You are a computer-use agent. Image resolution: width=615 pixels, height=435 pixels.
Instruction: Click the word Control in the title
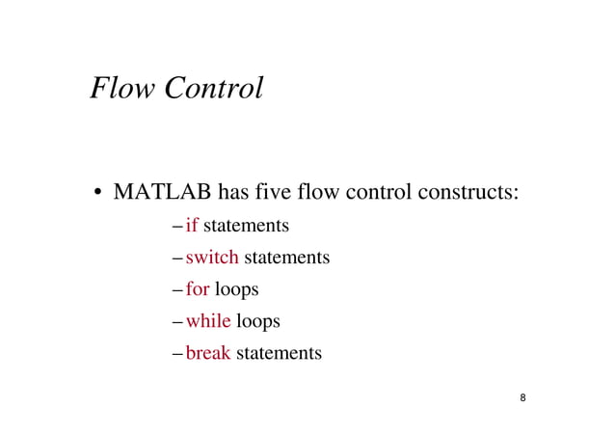[x=213, y=88]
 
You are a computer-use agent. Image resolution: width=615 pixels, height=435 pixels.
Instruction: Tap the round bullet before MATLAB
[x=98, y=192]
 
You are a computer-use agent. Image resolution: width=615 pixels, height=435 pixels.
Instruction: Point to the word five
[x=275, y=191]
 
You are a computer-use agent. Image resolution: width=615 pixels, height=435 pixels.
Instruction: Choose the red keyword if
[x=192, y=226]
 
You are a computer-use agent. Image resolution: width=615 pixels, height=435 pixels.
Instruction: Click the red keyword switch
[x=211, y=258]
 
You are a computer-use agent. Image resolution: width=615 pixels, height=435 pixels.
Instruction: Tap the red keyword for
[x=198, y=289]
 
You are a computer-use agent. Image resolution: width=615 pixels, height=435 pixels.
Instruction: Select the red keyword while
[x=208, y=321]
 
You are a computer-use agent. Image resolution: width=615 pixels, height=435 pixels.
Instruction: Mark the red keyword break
[x=208, y=353]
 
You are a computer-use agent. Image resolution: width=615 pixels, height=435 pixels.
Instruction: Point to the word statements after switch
[x=286, y=258]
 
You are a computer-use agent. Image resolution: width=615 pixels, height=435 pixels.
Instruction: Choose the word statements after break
[x=279, y=353]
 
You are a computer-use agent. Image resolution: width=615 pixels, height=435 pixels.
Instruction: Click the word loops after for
[x=237, y=290]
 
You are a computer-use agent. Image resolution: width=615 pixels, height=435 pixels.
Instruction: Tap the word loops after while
[x=258, y=322]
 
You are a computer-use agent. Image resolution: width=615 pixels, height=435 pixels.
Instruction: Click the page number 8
[x=522, y=398]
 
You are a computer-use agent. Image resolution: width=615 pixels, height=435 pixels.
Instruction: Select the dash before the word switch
[x=177, y=258]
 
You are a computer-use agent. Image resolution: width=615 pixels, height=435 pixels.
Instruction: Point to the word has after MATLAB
[x=236, y=191]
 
